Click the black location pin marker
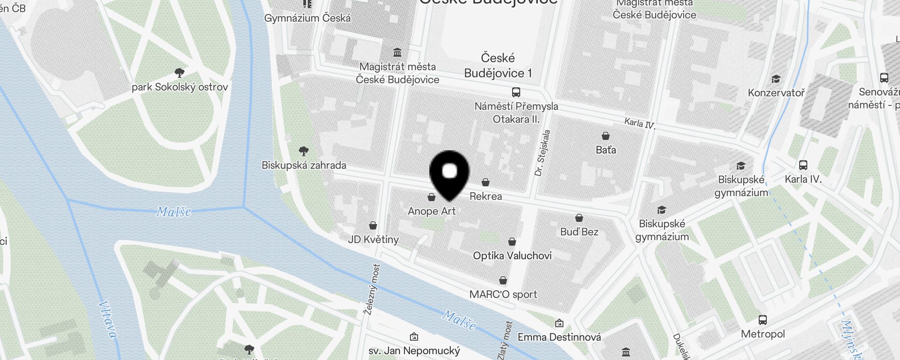(450, 173)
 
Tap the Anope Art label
(432, 211)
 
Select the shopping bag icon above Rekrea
(486, 182)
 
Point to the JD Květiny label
(373, 239)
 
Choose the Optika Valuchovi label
(512, 256)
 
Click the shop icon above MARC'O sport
(503, 280)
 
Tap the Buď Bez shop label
(579, 232)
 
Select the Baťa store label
(606, 150)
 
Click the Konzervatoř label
(776, 93)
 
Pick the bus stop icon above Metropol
(763, 320)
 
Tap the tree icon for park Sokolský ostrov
(180, 73)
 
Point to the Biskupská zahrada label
(304, 165)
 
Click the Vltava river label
(108, 319)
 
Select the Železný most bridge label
(372, 289)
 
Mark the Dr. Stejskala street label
(542, 153)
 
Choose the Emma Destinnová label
(559, 337)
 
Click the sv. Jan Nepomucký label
(414, 351)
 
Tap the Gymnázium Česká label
(307, 18)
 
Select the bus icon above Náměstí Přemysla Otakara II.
(516, 92)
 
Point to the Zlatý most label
(505, 341)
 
